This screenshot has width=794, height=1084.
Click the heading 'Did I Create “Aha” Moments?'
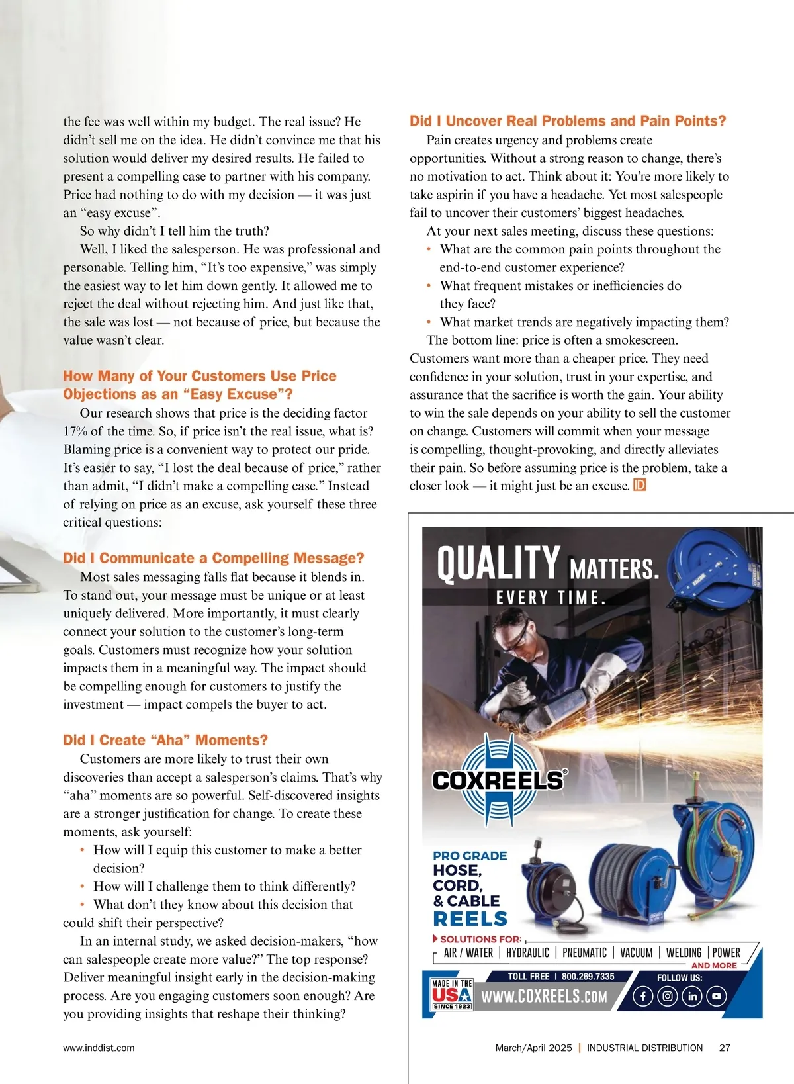(x=165, y=740)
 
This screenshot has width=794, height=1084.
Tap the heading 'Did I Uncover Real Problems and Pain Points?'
(x=568, y=121)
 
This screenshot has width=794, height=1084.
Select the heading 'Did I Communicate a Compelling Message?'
(x=214, y=558)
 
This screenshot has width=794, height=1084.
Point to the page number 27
(x=725, y=1048)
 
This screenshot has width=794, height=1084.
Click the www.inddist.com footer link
(x=99, y=1048)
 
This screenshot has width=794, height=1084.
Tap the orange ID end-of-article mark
(x=639, y=485)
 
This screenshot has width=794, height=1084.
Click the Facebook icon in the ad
(x=643, y=996)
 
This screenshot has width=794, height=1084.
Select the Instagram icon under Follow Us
(x=668, y=996)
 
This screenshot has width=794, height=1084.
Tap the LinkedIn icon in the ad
(x=692, y=996)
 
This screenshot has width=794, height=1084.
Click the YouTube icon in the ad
(x=717, y=996)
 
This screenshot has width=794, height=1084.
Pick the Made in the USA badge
(x=452, y=994)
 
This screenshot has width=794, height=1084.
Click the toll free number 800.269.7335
(x=588, y=976)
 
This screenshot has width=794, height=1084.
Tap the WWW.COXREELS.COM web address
(x=544, y=997)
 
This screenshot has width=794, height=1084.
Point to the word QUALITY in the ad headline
(x=498, y=564)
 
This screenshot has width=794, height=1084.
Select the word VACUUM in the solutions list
(x=636, y=953)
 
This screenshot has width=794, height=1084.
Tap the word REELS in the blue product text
(x=470, y=919)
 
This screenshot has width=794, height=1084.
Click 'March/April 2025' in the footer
(x=533, y=1048)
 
